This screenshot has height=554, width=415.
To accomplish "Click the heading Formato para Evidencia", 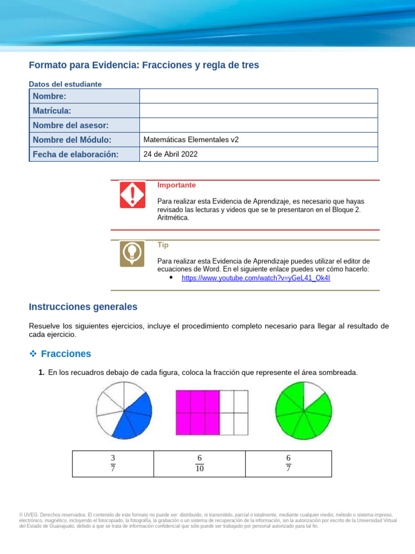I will (x=144, y=65).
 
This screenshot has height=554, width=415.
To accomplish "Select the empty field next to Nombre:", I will (x=258, y=96).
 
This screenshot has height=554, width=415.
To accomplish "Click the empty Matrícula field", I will (x=258, y=111).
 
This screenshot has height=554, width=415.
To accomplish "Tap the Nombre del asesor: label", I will (x=71, y=126).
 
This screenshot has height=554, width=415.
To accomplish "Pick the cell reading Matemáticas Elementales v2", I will (x=191, y=140).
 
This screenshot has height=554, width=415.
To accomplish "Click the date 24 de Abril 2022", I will (x=171, y=154).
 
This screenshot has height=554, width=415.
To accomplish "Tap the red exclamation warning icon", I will (x=132, y=195).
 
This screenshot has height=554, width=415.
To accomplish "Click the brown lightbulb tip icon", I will (x=132, y=254).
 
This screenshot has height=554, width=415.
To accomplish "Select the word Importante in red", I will (x=176, y=185).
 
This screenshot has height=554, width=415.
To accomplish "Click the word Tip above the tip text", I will (x=163, y=245).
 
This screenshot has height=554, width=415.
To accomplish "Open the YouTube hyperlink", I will (x=256, y=278).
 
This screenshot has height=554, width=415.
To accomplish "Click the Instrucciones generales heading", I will (x=83, y=307).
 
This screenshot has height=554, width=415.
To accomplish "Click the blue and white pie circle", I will (x=124, y=410).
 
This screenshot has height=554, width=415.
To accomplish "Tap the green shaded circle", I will (x=303, y=410).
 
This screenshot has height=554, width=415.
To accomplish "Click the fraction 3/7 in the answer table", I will (x=113, y=463).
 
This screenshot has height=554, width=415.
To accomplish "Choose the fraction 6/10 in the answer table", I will (x=199, y=463).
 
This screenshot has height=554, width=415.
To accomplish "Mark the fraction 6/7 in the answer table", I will (x=289, y=463).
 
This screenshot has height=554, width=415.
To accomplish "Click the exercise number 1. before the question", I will (x=41, y=372).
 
